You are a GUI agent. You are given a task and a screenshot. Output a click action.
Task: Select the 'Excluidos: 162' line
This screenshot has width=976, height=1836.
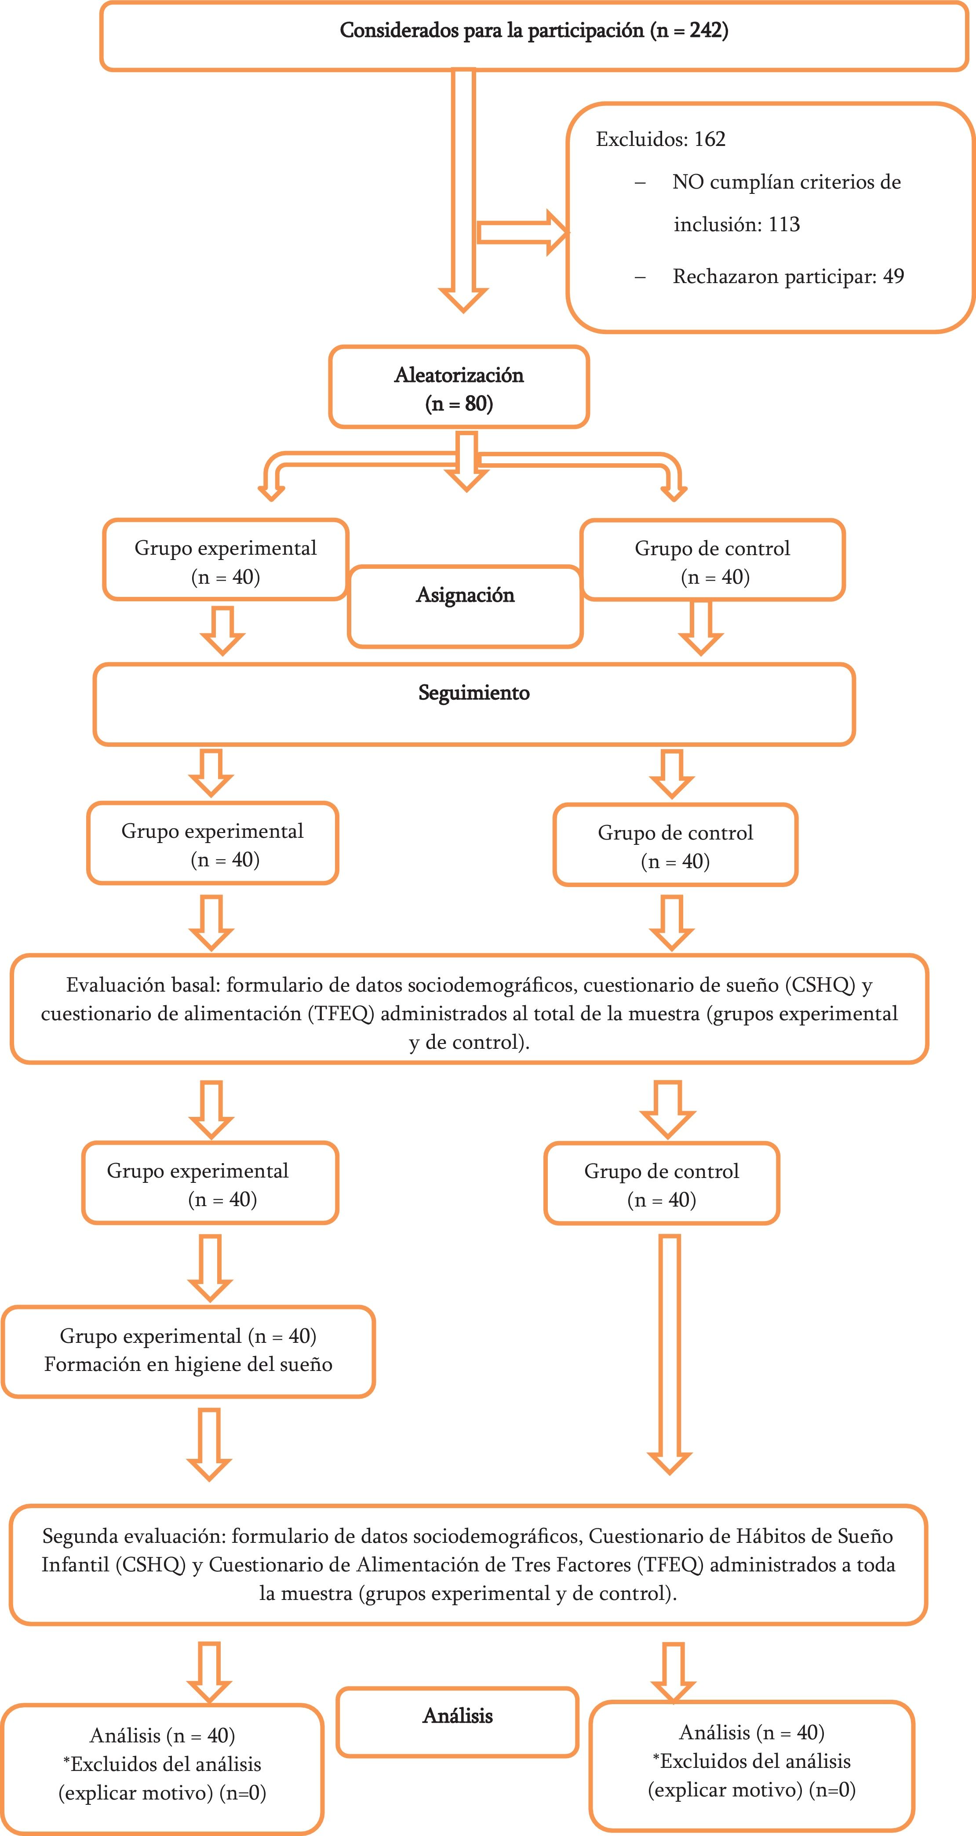point(660,139)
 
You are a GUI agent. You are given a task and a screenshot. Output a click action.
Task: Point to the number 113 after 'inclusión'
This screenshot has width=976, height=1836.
point(784,225)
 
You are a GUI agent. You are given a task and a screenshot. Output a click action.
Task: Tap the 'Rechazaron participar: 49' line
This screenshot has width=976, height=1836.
point(788,276)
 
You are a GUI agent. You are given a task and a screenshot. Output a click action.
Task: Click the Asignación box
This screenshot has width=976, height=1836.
point(465,606)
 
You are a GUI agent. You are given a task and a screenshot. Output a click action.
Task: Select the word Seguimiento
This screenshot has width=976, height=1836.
point(473,693)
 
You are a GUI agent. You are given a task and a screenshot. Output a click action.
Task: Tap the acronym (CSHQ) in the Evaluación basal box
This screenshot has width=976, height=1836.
point(820,985)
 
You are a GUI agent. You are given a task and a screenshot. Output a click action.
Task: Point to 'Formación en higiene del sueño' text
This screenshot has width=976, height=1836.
point(188,1364)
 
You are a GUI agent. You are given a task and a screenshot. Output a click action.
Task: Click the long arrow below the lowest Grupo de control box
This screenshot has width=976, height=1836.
point(670,1354)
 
